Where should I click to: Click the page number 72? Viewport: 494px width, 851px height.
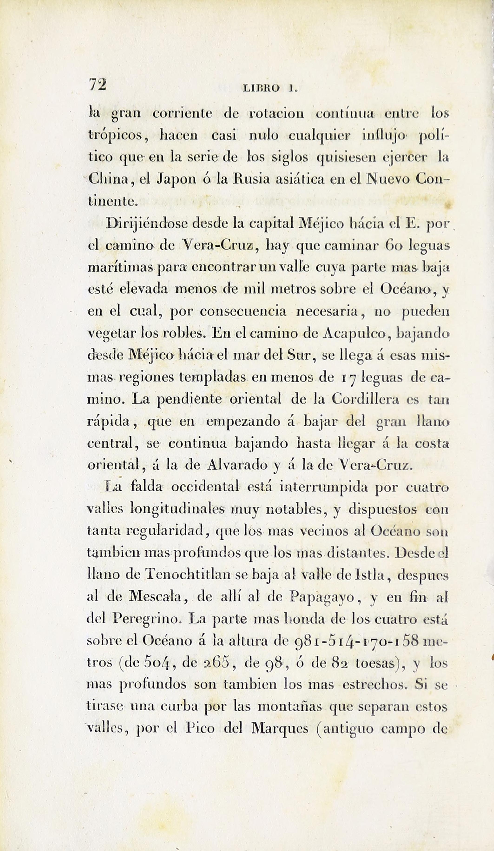97,84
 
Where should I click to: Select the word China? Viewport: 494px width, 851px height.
108,179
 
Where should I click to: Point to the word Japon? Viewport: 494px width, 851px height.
176,179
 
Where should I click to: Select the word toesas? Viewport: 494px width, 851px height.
375,663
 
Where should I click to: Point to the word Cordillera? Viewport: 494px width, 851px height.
365,399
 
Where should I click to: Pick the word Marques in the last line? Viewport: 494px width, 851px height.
280,728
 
